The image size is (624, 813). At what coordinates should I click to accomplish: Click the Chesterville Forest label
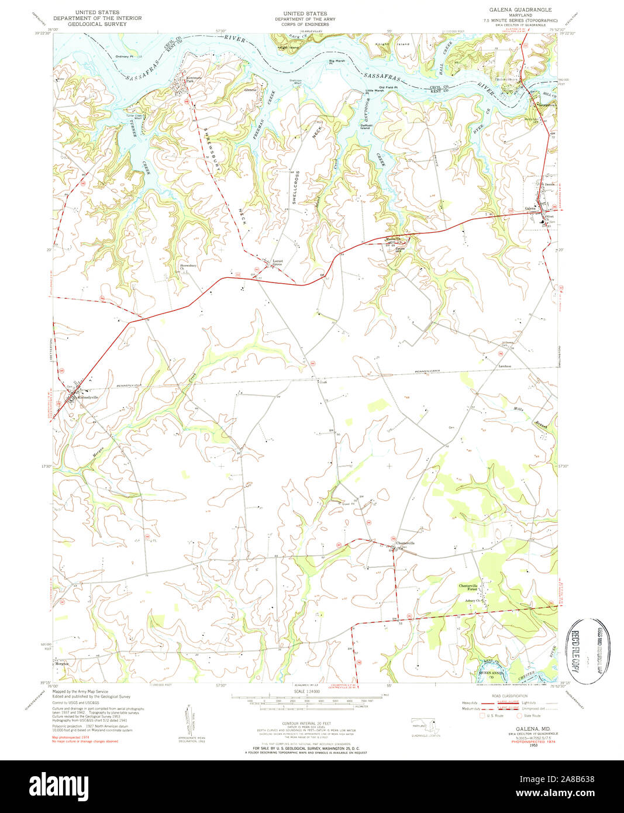tap(468, 588)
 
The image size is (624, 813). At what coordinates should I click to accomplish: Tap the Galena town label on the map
tap(530, 208)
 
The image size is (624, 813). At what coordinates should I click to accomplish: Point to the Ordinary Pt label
tap(125, 57)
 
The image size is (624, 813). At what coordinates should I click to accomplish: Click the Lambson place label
tap(505, 367)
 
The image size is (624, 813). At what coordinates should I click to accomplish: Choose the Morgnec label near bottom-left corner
tap(62, 664)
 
